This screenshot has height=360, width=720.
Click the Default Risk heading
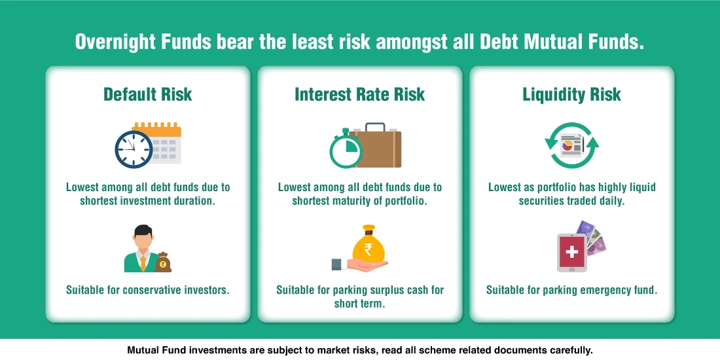(148, 94)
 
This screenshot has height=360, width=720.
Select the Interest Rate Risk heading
(359, 94)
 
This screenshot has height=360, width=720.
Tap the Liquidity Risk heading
(571, 94)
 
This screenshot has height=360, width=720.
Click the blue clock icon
(134, 149)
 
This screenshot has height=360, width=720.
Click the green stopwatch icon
(345, 150)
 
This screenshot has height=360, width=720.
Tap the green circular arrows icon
(571, 145)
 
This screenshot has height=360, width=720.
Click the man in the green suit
(140, 249)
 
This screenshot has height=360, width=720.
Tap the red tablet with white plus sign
(571, 253)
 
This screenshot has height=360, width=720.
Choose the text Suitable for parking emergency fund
(571, 289)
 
